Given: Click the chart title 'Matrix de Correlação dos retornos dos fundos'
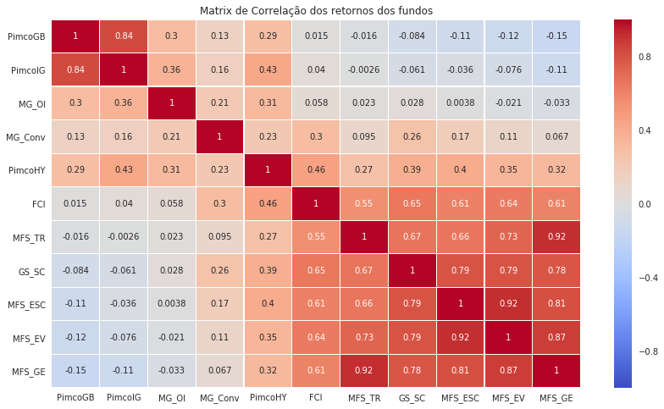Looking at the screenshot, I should click(x=316, y=10).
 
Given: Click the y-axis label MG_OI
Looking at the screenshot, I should click(x=32, y=103).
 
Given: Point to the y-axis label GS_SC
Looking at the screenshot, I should click(x=32, y=271).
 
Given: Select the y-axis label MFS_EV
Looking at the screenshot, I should click(x=30, y=338).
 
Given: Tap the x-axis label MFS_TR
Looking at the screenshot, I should click(x=362, y=396).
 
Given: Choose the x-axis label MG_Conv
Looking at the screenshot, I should click(x=219, y=396).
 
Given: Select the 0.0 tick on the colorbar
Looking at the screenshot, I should click(x=645, y=203).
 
